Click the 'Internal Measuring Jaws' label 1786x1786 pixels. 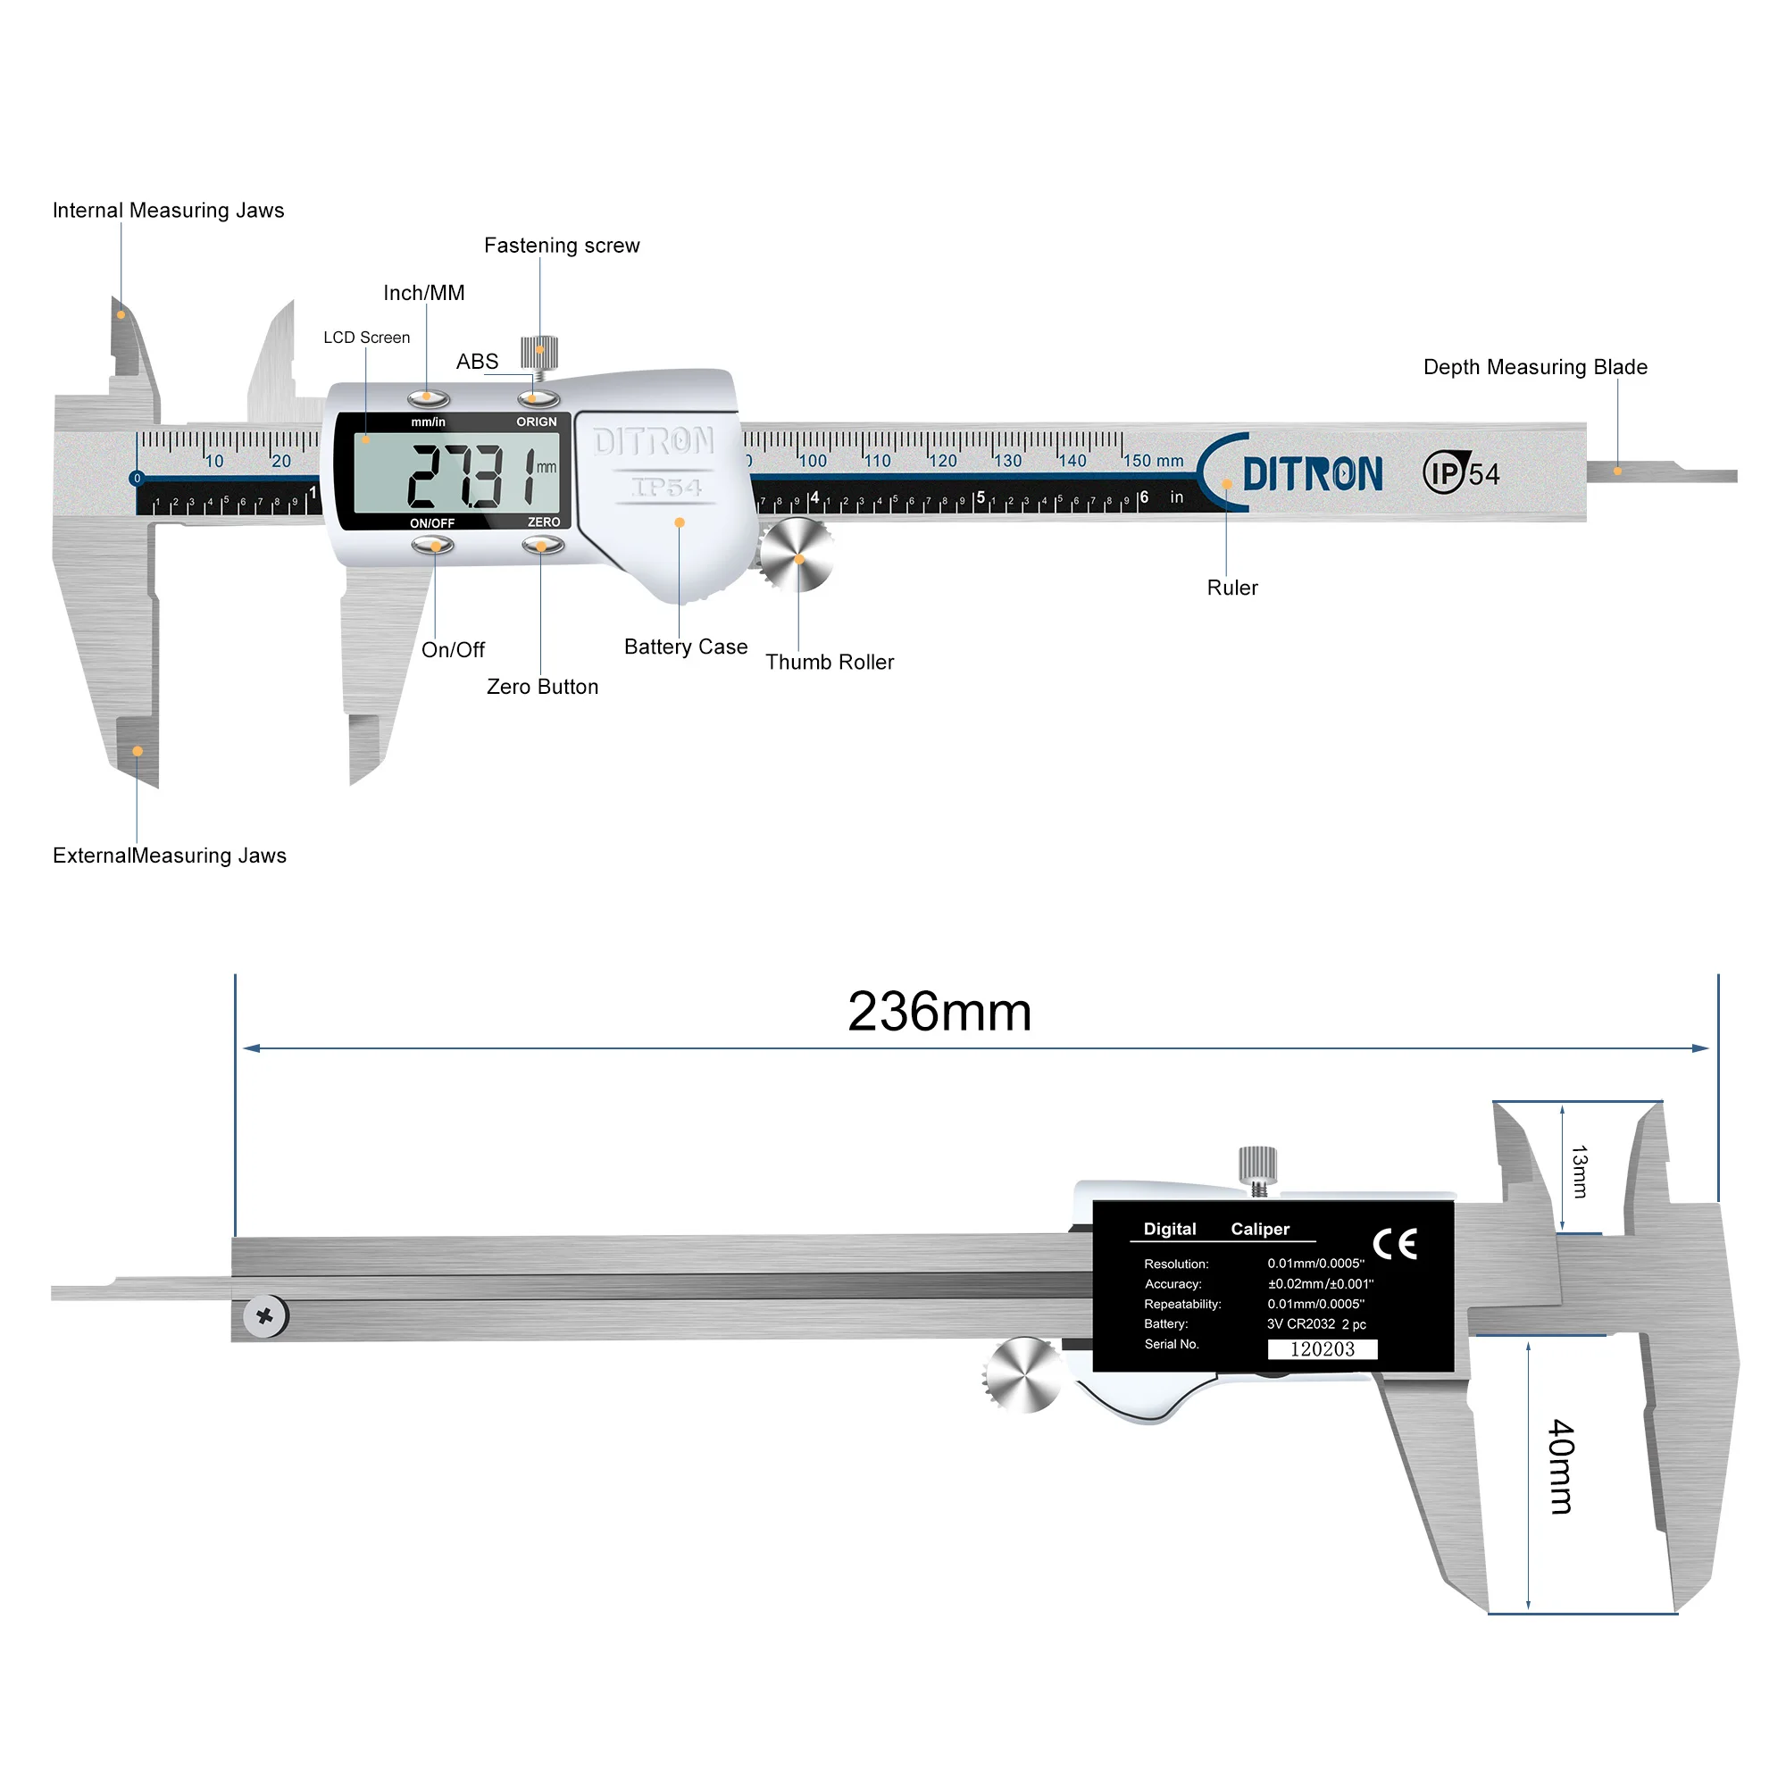pyautogui.click(x=167, y=211)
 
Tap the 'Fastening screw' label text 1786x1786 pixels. pyautogui.click(x=561, y=246)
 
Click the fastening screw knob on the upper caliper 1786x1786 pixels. pyautogui.click(x=539, y=351)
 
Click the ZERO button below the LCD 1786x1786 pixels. pyautogui.click(x=542, y=547)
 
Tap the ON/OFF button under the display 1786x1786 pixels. pyautogui.click(x=432, y=547)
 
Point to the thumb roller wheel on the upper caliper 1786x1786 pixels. pyautogui.click(x=797, y=555)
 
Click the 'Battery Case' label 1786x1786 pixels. pyautogui.click(x=685, y=647)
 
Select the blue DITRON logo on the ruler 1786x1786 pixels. pyautogui.click(x=1312, y=474)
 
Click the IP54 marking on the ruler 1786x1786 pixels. pyautogui.click(x=1461, y=473)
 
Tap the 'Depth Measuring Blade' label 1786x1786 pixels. pyautogui.click(x=1534, y=367)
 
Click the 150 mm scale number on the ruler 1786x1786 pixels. pyautogui.click(x=1152, y=461)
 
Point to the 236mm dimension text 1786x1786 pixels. pyautogui.click(x=939, y=1012)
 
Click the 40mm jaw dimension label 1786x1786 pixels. pyautogui.click(x=1561, y=1466)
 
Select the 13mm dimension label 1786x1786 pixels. pyautogui.click(x=1579, y=1172)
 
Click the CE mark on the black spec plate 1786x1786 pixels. pyautogui.click(x=1394, y=1244)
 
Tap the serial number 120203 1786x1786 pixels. pyautogui.click(x=1322, y=1348)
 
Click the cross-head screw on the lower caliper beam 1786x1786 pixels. pyautogui.click(x=265, y=1315)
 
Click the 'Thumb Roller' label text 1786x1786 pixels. pyautogui.click(x=830, y=663)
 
